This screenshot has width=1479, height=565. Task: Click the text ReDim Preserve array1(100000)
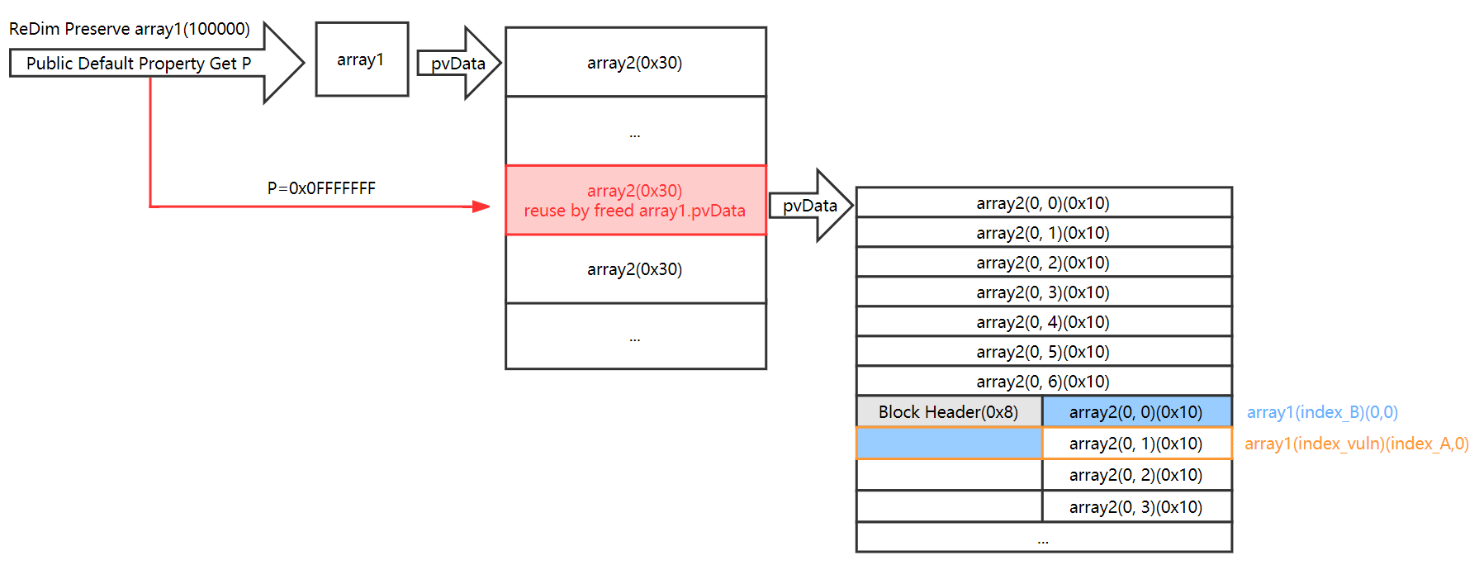tap(130, 29)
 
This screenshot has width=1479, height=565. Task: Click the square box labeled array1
tap(362, 59)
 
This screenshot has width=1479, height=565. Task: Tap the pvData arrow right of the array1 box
tap(459, 63)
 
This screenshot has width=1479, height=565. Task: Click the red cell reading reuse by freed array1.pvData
tap(635, 201)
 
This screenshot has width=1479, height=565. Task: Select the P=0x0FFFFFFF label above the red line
tap(321, 188)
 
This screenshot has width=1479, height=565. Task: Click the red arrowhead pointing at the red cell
tap(481, 207)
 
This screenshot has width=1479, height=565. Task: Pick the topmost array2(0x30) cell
tap(635, 63)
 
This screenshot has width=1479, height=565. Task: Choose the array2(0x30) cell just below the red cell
tap(635, 269)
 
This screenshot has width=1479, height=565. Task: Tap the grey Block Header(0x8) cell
tap(948, 412)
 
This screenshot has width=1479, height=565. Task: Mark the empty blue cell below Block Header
tap(949, 444)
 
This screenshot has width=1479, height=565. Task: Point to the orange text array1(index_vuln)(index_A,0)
tap(1356, 444)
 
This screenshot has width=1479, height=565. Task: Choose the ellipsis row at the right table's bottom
tap(1043, 539)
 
